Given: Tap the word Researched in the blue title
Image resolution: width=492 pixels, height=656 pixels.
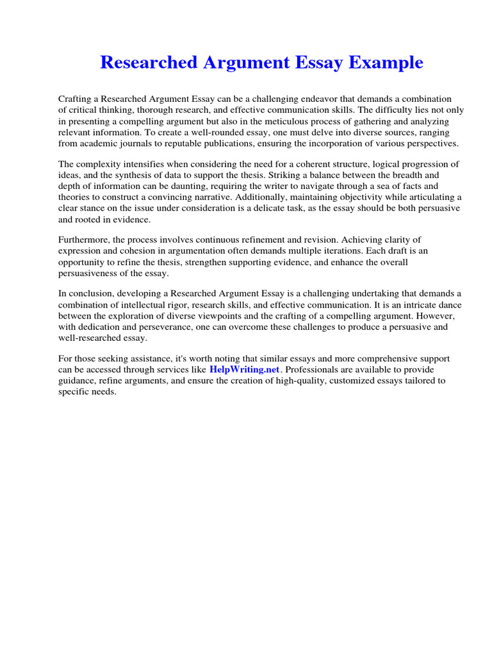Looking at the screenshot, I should [x=147, y=63].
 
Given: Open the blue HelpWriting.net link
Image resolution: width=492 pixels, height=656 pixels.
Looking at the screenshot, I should [x=245, y=370].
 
